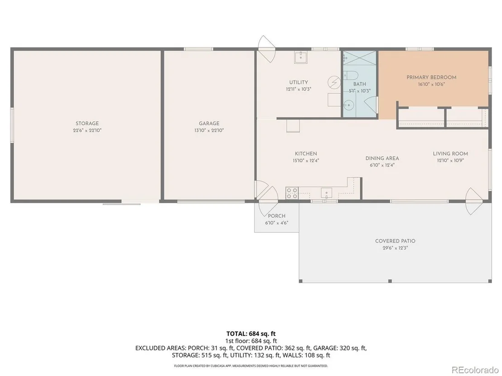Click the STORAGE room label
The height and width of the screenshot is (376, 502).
pos(87,124)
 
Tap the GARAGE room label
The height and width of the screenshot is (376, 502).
pos(209,124)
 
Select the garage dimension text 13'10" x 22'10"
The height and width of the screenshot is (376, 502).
pos(209,130)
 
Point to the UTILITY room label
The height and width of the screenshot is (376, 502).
pos(299,82)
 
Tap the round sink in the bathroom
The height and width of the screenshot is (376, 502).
pos(348,104)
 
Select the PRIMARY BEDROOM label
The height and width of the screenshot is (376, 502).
pos(431,77)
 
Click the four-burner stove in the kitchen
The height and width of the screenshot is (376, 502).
pos(292,193)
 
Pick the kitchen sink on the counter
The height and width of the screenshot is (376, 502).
pos(326,193)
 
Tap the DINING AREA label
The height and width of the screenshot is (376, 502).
pos(382,158)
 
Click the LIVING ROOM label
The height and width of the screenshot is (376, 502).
pos(450,153)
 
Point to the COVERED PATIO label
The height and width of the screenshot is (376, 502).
pos(396,241)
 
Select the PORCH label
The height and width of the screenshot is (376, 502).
pos(277,216)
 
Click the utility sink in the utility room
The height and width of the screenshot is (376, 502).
pos(301,57)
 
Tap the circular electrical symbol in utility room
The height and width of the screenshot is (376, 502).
pos(334,82)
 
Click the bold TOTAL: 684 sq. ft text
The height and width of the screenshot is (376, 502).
pos(251,334)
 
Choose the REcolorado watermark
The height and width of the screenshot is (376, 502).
pos(475,370)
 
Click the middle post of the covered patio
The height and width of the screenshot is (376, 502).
pos(390,281)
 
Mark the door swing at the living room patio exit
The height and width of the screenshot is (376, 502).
pos(474,201)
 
